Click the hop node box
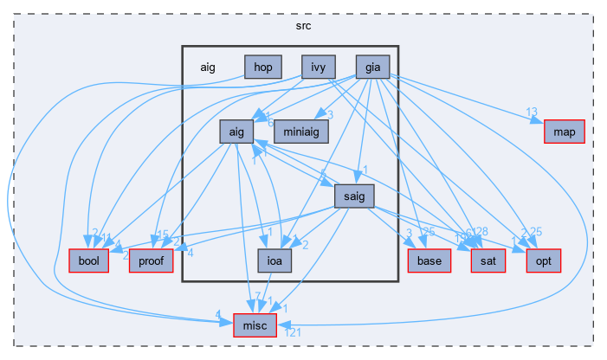(x=262, y=67)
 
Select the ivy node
(x=319, y=67)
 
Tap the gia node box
(x=373, y=67)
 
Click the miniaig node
(x=309, y=125)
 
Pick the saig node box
(x=353, y=196)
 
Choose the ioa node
(x=274, y=260)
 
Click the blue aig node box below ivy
(x=236, y=132)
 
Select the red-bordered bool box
(x=88, y=260)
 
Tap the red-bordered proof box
(x=152, y=260)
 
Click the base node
(x=429, y=260)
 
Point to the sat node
(x=487, y=260)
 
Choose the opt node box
(x=544, y=260)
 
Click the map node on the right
(x=565, y=132)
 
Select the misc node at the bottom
(x=255, y=324)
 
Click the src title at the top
(x=303, y=25)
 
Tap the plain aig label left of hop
(x=208, y=67)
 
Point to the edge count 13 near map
(x=532, y=112)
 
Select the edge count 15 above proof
(x=163, y=234)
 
